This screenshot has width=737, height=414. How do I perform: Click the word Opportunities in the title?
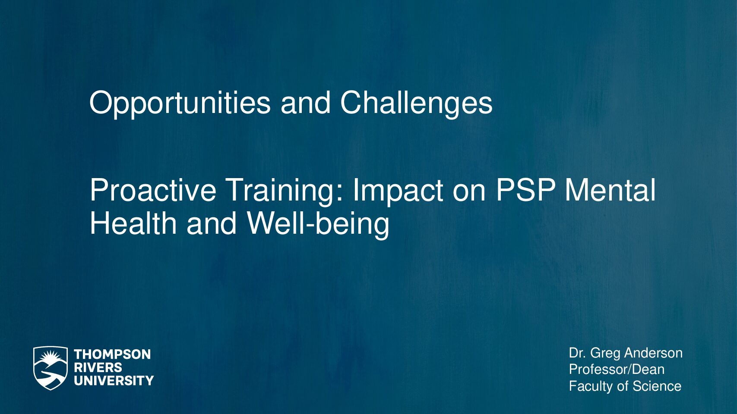(180, 103)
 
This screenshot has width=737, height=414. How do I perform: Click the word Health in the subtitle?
(133, 223)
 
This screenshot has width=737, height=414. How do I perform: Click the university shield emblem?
(51, 368)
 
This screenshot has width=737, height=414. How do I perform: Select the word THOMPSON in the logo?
(112, 354)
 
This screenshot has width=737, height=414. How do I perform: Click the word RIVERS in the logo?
(98, 367)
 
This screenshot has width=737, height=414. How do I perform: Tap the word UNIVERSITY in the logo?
(114, 380)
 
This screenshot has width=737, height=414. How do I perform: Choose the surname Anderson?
(653, 353)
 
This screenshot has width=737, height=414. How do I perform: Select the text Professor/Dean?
(617, 370)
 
